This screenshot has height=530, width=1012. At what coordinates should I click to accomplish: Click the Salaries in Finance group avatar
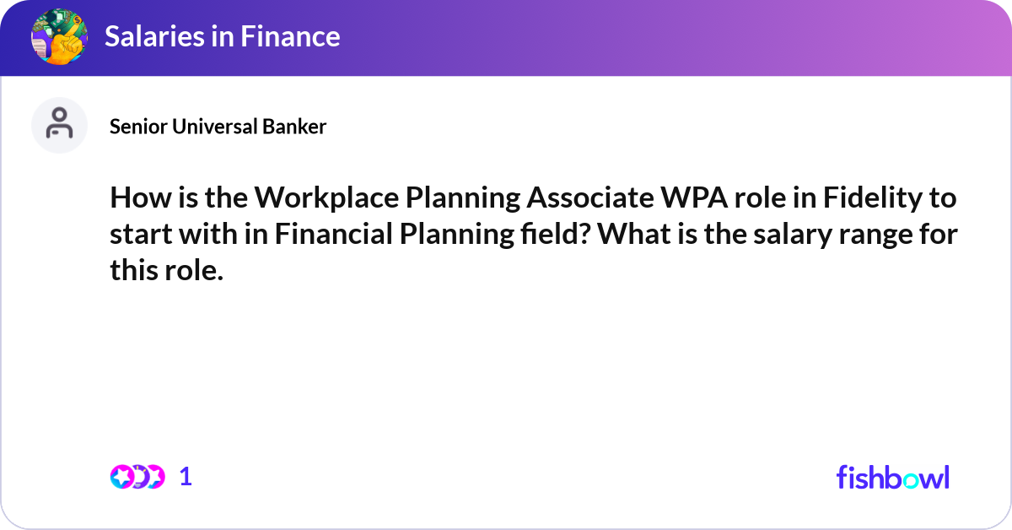click(x=59, y=36)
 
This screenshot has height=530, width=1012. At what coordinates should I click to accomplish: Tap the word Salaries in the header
click(x=154, y=36)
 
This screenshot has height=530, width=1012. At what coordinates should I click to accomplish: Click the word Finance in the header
click(x=290, y=36)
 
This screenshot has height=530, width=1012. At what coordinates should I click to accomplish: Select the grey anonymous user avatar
click(x=59, y=125)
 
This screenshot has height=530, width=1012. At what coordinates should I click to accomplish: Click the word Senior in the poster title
click(x=138, y=127)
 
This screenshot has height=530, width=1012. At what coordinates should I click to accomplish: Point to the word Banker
click(x=294, y=127)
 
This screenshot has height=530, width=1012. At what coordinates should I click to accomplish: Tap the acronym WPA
click(x=694, y=197)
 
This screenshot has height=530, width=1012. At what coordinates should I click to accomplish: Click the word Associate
click(x=590, y=197)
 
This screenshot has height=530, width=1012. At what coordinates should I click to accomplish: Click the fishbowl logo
click(x=893, y=477)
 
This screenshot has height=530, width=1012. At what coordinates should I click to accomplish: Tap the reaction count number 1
click(x=186, y=477)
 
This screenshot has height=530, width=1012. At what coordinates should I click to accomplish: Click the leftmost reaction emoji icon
click(x=121, y=477)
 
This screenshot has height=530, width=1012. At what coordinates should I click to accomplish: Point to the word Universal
click(x=214, y=127)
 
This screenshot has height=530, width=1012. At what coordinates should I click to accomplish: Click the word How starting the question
click(x=141, y=197)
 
